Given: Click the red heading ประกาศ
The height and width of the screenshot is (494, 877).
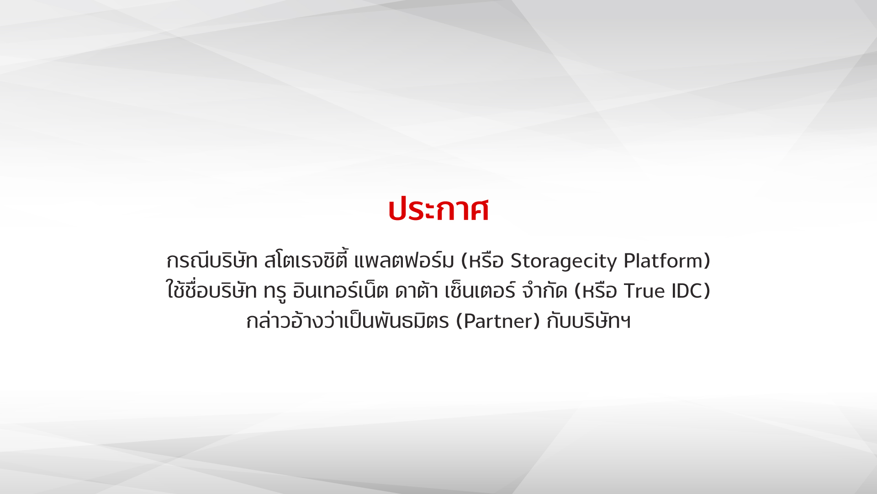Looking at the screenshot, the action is (438, 210).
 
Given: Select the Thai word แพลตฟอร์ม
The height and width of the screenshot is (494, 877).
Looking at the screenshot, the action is (404, 260).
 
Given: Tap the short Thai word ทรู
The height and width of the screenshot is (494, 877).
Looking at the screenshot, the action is (275, 291).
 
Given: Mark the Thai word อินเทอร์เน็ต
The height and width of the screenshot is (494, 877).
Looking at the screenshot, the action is (340, 290).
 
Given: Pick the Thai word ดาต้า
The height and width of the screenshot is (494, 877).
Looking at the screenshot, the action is (416, 290).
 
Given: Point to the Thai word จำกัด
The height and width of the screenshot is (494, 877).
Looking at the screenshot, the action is (544, 290).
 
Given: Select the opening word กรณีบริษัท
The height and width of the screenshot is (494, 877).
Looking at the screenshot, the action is (212, 260).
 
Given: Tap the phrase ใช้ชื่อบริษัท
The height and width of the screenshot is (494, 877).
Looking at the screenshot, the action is (211, 290).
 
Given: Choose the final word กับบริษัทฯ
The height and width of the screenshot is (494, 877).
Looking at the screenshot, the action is (589, 320).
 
